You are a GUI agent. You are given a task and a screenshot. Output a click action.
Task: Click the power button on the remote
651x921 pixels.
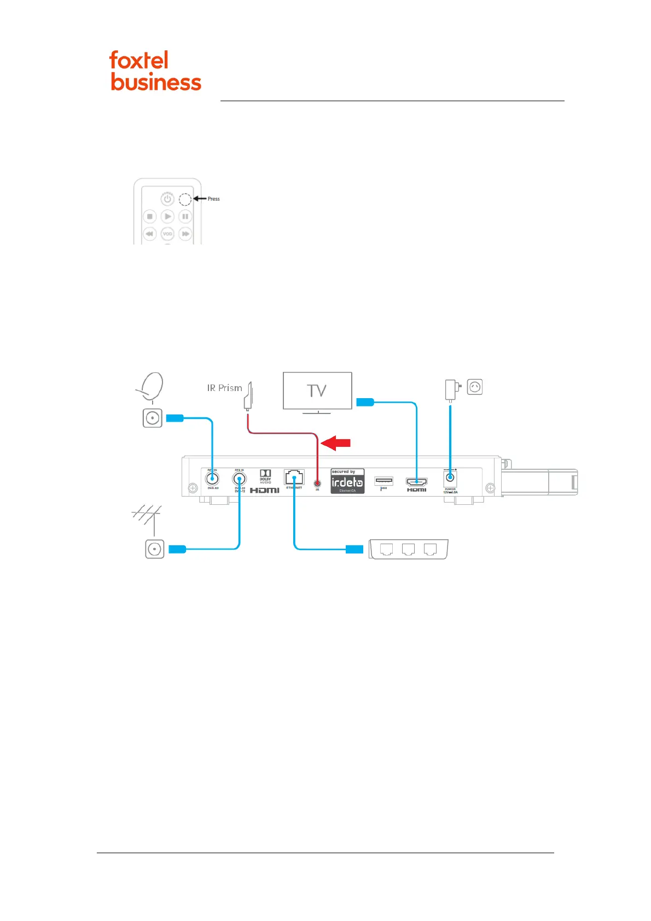point(167,199)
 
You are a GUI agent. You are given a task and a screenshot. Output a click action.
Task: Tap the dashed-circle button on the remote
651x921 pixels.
point(185,199)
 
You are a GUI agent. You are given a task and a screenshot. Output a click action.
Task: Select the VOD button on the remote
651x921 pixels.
point(167,234)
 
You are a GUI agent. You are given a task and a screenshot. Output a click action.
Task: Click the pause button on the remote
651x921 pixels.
point(185,217)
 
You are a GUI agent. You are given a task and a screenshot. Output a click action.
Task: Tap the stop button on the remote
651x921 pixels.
point(149,217)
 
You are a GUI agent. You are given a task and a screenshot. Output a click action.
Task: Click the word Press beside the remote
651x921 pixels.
point(213,199)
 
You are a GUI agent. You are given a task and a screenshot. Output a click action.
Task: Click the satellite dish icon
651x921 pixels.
point(151,387)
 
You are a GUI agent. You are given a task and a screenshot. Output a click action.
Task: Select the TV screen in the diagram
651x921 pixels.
point(317,390)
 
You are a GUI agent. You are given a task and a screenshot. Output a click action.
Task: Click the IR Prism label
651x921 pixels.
point(224,388)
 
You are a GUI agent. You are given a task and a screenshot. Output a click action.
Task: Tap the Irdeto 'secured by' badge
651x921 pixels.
point(347,481)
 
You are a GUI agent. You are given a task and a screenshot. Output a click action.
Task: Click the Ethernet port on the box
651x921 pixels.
point(294,477)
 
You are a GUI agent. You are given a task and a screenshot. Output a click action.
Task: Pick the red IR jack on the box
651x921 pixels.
point(317,483)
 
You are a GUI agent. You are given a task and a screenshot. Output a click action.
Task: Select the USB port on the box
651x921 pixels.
point(383,481)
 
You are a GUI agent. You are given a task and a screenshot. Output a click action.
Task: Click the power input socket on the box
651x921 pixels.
point(450,478)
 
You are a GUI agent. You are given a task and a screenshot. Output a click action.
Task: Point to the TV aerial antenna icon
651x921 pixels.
point(147,517)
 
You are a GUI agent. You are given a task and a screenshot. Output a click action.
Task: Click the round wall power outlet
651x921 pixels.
point(475,387)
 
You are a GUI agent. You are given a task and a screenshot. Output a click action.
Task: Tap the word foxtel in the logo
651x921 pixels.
point(139,60)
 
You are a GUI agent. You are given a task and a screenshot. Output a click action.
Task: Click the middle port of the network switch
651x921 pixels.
point(408,549)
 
